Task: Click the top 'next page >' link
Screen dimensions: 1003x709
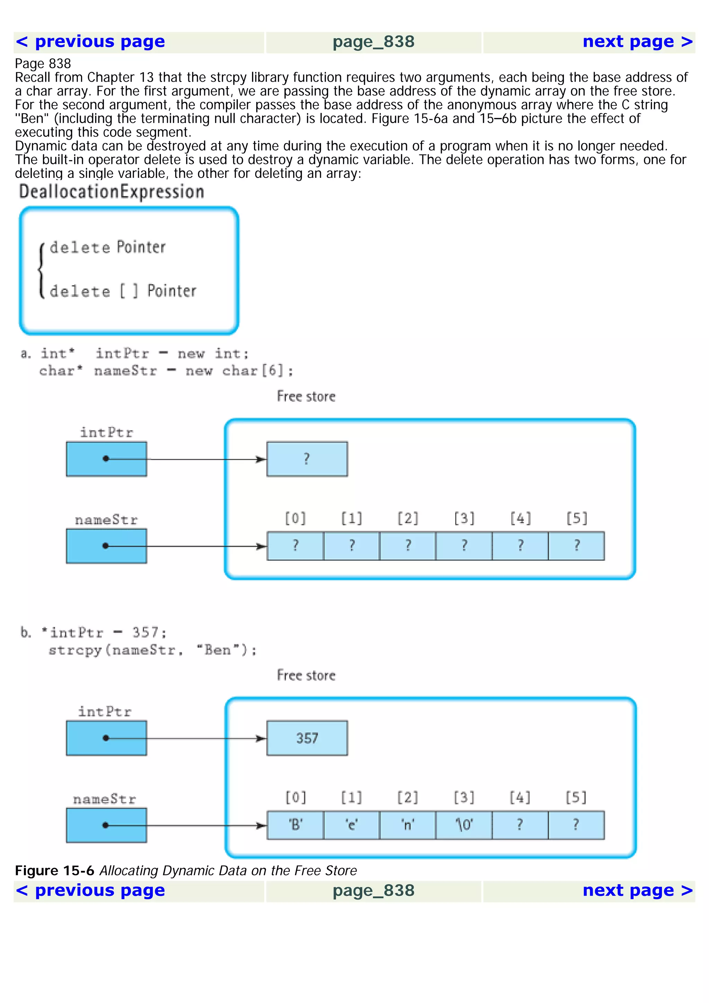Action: point(637,42)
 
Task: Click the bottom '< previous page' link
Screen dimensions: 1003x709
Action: point(90,890)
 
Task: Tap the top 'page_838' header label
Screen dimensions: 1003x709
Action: point(373,42)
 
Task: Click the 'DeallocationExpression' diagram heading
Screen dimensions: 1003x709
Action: point(111,192)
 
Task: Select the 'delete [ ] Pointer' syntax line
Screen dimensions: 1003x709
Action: point(123,291)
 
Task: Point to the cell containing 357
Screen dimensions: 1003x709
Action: point(307,738)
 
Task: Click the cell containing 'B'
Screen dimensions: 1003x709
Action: point(295,825)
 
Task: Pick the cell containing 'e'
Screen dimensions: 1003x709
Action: point(352,825)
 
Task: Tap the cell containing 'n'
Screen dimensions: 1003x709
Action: point(407,825)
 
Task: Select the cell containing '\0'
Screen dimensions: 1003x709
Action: point(464,825)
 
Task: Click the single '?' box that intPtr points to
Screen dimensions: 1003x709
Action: point(307,459)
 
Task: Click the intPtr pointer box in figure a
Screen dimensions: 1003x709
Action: point(107,459)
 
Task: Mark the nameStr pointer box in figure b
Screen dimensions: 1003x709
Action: point(107,825)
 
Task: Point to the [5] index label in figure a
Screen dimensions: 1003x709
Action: point(577,518)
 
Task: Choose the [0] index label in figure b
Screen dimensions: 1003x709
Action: point(295,798)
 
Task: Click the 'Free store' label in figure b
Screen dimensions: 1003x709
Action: point(306,675)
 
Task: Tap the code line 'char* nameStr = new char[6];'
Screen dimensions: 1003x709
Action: point(166,371)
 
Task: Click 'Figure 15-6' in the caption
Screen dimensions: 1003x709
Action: point(55,871)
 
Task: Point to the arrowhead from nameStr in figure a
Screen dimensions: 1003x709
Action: point(261,546)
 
